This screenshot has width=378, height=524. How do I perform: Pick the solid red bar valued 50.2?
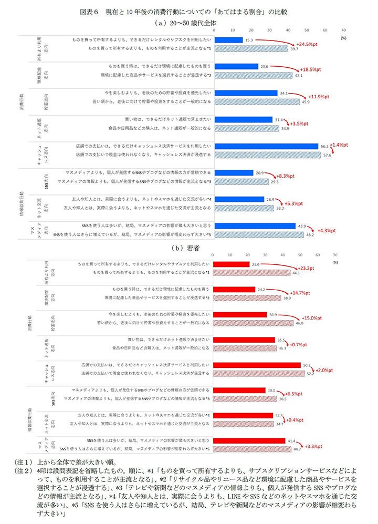coord(258,365)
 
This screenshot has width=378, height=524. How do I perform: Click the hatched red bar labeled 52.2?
coord(260,374)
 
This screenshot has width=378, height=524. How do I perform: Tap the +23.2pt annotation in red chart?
coord(312,268)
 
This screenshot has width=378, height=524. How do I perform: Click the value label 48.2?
coord(310,235)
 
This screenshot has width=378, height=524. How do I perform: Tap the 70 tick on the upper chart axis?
coord(343,30)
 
